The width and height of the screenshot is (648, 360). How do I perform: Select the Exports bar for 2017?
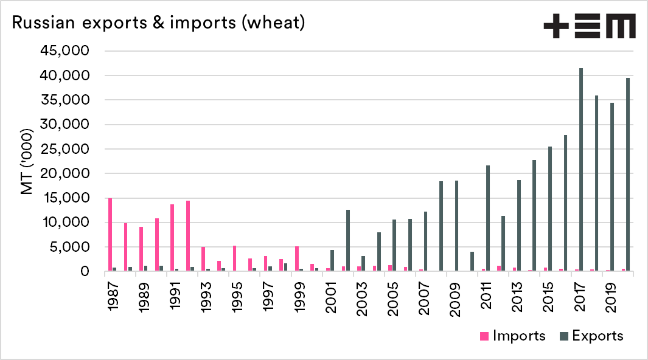pos(581,170)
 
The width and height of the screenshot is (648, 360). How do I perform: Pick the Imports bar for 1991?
pos(172,238)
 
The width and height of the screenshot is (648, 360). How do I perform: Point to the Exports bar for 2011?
pos(488,218)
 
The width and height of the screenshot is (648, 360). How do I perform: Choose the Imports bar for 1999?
pos(297,258)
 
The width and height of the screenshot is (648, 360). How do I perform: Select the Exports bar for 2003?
pos(363,263)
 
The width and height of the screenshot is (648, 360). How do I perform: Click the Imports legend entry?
pos(512,336)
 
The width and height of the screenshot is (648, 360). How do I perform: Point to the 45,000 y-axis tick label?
pos(65,50)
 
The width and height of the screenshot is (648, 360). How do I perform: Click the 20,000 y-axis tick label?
pos(65,173)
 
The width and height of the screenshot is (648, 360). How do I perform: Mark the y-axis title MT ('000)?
pos(27,161)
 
